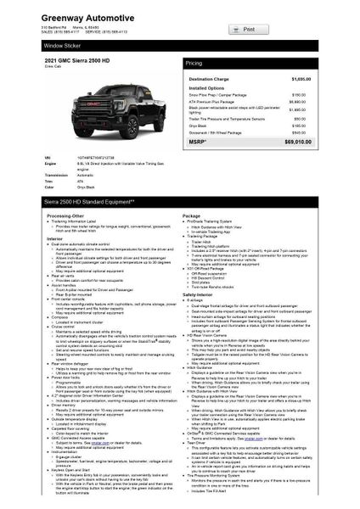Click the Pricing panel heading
pos(194,63)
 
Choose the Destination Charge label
pos(211,78)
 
